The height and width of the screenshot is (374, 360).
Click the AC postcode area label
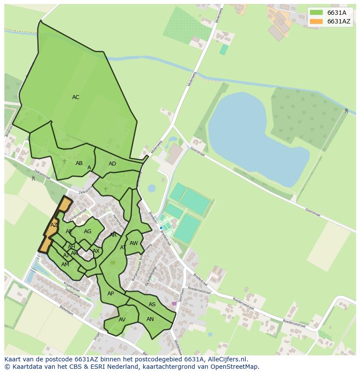point(76,97)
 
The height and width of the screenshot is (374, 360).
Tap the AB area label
point(79,163)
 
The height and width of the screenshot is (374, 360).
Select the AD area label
point(112,164)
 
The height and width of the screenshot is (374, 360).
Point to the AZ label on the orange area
point(54,225)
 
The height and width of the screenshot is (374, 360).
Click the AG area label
point(88,232)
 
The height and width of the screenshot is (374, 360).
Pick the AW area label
point(133,243)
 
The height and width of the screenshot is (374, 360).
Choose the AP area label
point(110,294)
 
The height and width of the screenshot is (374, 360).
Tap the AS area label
point(152,304)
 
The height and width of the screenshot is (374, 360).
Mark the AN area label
point(150,319)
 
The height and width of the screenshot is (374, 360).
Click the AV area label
point(122,320)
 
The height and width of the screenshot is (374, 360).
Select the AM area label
point(65,265)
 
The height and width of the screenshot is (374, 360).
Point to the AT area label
point(123,248)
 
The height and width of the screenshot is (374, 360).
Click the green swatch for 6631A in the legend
point(316,13)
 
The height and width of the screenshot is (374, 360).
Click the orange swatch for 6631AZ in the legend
point(316,21)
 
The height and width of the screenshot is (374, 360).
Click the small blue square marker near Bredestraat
point(161,228)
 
